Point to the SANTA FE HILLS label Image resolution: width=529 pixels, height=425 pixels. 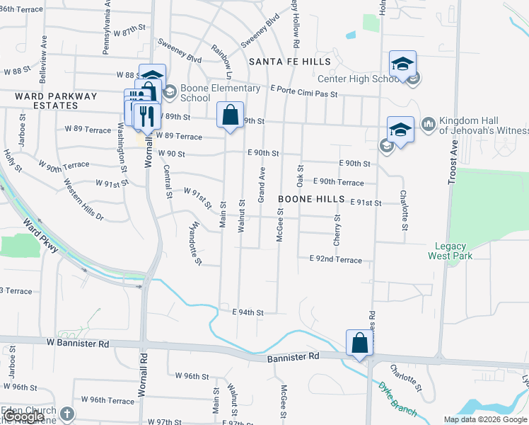pos(280,62)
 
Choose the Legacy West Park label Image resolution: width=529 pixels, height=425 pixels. pos(450,251)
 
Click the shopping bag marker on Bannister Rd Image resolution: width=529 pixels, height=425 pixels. pos(359,343)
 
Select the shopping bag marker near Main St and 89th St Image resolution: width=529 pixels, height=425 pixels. pos(230,115)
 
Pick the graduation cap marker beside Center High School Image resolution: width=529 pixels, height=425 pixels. pos(402,64)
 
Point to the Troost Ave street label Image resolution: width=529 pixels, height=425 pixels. pos(453,162)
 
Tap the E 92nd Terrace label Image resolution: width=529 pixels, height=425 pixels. pos(336,260)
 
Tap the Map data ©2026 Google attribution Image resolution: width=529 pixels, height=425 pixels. pos(485,419)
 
